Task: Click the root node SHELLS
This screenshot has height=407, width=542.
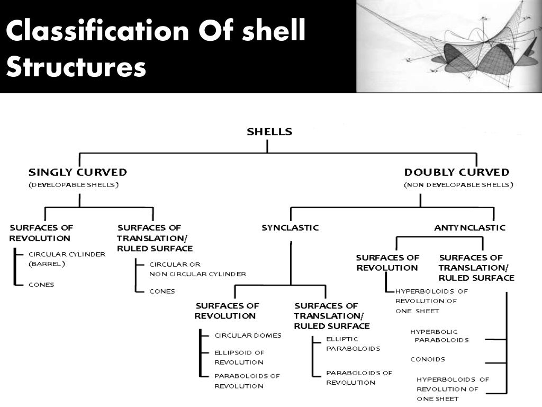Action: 269,132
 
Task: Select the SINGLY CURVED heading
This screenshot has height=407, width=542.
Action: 77,172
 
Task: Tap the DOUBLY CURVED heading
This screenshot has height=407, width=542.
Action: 457,172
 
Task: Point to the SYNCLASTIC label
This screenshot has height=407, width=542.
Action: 290,228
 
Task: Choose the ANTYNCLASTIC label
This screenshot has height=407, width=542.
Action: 470,228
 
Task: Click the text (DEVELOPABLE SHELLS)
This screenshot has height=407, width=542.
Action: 74,185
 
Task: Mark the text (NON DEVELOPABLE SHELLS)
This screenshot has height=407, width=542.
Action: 458,185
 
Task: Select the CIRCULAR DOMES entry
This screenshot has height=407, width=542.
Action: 248,335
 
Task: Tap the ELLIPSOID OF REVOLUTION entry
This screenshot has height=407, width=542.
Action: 239,357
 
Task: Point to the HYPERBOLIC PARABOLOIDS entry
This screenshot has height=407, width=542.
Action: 439,336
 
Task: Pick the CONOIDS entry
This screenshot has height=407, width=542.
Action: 428,359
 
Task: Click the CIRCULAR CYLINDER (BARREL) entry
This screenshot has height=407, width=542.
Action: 67,259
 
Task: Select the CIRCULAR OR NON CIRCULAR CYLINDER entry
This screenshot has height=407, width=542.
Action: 197,269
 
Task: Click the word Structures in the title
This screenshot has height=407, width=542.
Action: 75,68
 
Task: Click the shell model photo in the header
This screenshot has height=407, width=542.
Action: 449,46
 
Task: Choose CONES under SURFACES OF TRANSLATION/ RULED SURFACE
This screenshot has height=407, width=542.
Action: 162,291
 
